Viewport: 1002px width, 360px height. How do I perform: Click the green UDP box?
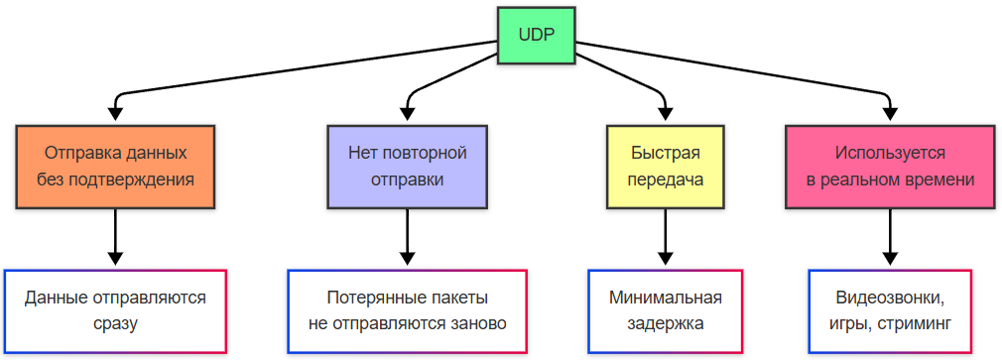pyautogui.click(x=537, y=36)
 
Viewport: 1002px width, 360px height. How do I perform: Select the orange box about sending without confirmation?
pyautogui.click(x=115, y=167)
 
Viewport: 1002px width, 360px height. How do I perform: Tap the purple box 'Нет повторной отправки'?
pyautogui.click(x=407, y=167)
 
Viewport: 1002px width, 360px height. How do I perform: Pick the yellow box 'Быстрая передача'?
pyautogui.click(x=666, y=167)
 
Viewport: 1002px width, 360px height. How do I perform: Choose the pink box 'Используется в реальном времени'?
pyautogui.click(x=890, y=167)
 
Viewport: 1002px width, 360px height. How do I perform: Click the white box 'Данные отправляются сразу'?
pyautogui.click(x=115, y=310)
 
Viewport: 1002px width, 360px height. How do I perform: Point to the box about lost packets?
pyautogui.click(x=407, y=310)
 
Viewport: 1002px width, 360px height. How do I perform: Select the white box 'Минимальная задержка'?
pyautogui.click(x=666, y=310)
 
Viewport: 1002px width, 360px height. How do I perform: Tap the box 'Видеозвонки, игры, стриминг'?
pyautogui.click(x=890, y=310)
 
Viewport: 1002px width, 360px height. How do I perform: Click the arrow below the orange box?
pyautogui.click(x=115, y=238)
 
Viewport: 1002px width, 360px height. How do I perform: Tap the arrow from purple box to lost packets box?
pyautogui.click(x=407, y=238)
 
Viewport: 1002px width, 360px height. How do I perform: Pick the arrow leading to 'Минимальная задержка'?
pyautogui.click(x=666, y=238)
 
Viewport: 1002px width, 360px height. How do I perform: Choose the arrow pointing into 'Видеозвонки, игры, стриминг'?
pyautogui.click(x=890, y=238)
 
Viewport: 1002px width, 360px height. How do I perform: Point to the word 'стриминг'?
pyautogui.click(x=914, y=323)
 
